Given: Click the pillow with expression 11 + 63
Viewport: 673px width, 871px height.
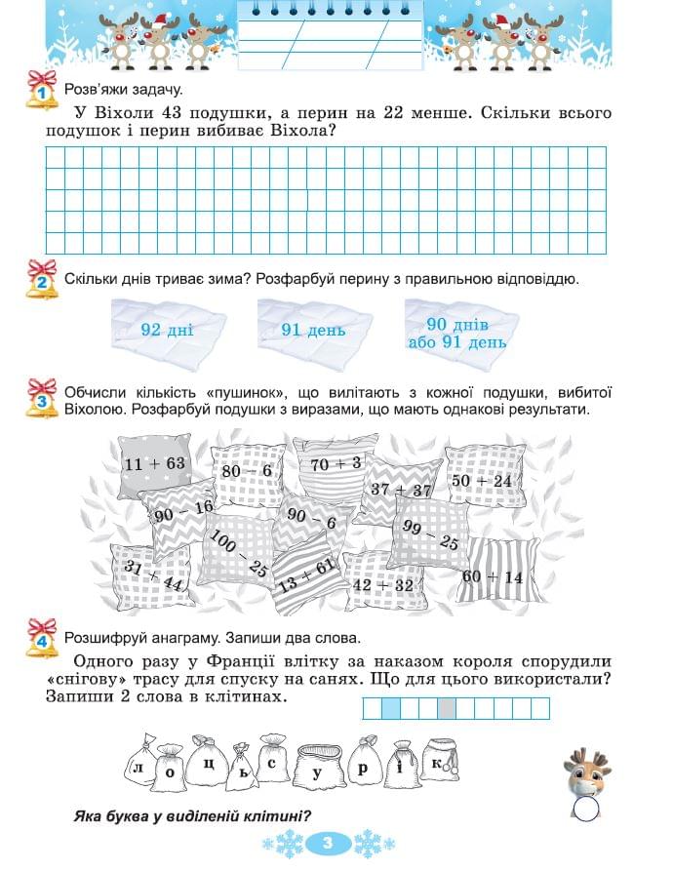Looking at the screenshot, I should click(x=153, y=464).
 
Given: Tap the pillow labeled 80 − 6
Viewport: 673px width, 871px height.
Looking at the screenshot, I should click(x=247, y=471).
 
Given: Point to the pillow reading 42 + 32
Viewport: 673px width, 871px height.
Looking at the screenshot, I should click(x=383, y=584).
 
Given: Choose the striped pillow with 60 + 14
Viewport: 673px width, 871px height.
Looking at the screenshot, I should click(x=493, y=576).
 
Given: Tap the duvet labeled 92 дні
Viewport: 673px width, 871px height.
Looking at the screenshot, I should click(x=167, y=330).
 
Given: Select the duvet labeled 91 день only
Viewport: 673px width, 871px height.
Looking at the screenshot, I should click(x=313, y=330).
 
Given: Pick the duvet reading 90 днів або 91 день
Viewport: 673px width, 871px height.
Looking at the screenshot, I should click(x=457, y=332).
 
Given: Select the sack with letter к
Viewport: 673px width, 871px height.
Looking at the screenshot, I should click(x=440, y=760).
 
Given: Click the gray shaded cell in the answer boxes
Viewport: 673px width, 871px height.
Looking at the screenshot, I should click(x=447, y=709).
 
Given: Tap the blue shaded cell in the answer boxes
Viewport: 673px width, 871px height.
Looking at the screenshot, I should click(x=390, y=709).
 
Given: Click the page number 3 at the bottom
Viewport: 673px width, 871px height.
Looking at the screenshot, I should click(x=328, y=842).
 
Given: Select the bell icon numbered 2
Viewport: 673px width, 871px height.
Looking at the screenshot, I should click(x=42, y=281).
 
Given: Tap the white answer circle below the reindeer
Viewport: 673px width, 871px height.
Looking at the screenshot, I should click(x=586, y=809).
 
